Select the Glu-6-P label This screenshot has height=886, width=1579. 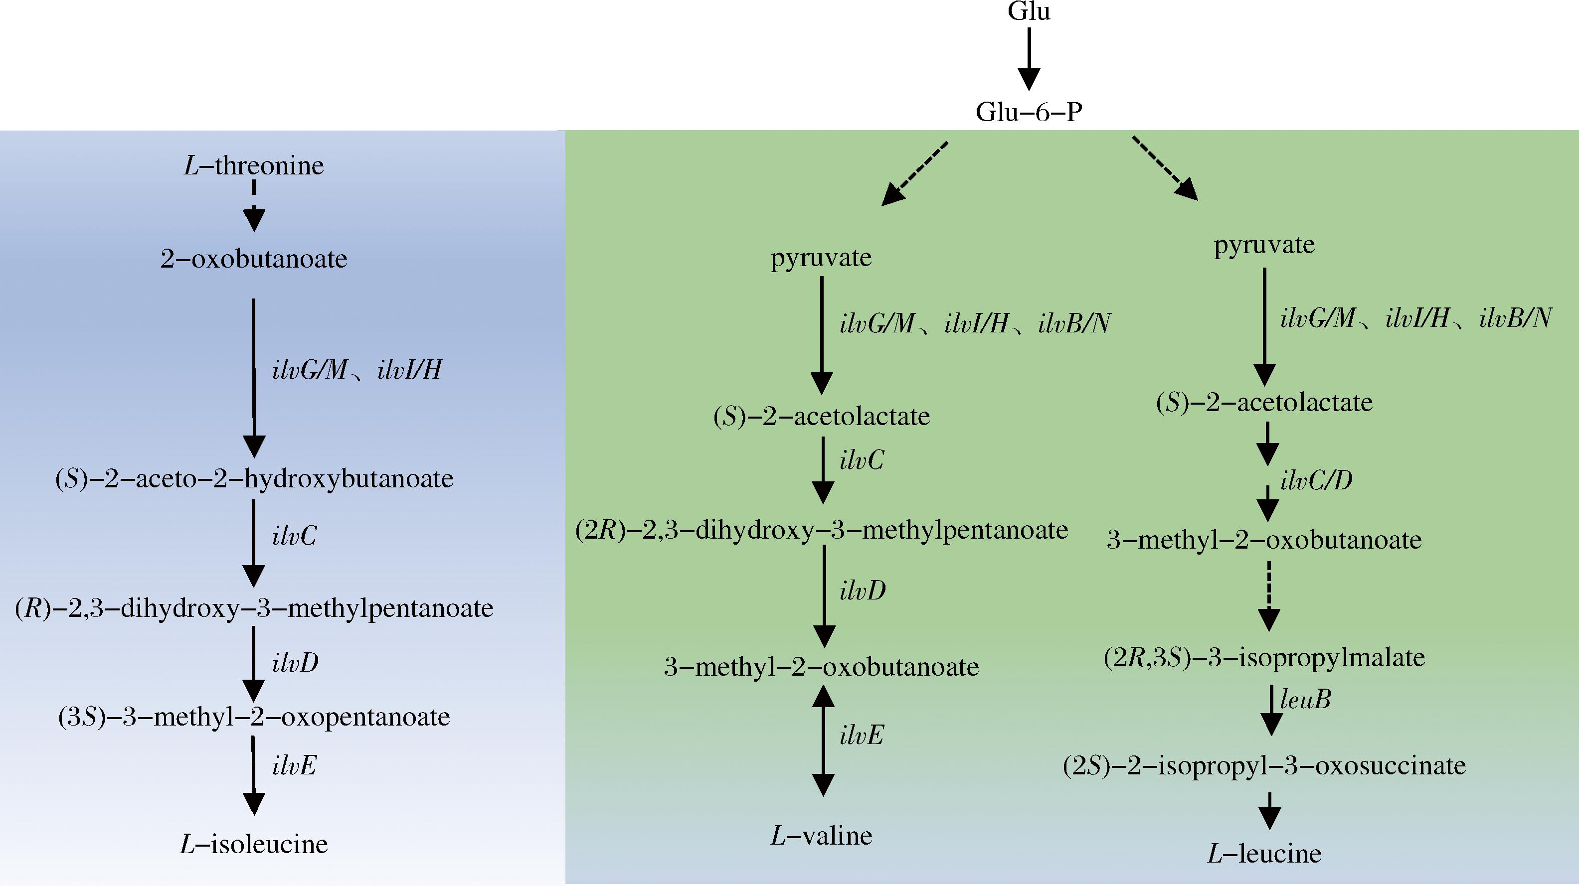[x=1029, y=112]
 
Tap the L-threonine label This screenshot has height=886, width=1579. [x=254, y=165]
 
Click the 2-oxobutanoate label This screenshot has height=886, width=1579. [x=254, y=259]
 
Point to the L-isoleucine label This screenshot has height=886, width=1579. [x=254, y=844]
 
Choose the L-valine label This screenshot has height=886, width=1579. [x=821, y=836]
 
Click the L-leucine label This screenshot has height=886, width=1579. [x=1264, y=854]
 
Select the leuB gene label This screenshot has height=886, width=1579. [x=1306, y=699]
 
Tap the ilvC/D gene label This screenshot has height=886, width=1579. [x=1317, y=480]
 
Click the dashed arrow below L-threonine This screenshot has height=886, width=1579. [x=254, y=205]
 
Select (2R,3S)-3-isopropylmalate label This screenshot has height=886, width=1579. [x=1264, y=657]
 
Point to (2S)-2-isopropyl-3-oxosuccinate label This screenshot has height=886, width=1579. [x=1264, y=765]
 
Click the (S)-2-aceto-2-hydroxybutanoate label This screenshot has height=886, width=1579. [x=254, y=478]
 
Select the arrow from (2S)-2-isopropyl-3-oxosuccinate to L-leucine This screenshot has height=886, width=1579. [x=1269, y=810]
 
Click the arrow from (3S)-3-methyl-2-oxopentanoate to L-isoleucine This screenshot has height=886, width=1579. [x=253, y=775]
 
